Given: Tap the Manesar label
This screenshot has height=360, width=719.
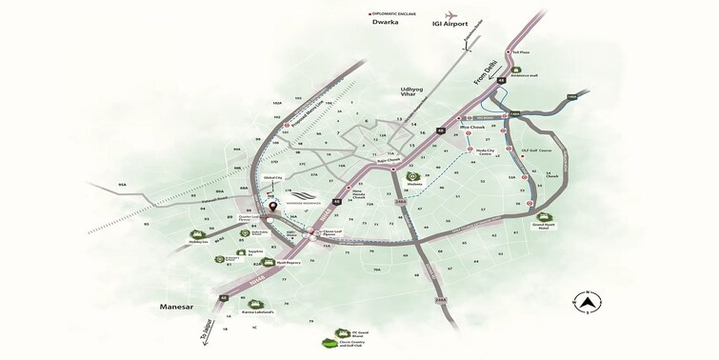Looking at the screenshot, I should click(x=181, y=308).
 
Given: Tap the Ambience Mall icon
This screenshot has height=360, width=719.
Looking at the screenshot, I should click(x=515, y=69).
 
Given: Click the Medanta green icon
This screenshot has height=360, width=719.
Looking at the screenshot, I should click(x=412, y=176).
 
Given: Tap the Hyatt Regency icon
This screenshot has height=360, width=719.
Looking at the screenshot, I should click(x=274, y=259).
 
